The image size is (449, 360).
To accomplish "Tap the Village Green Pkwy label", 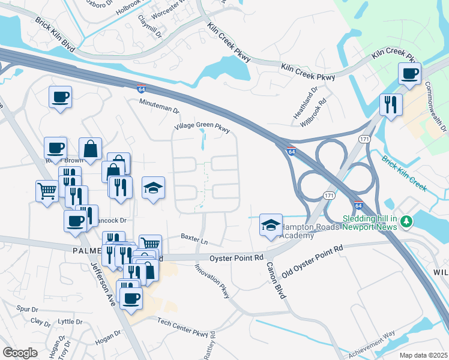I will (202, 128).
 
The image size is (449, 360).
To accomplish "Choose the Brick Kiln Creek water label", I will (403, 175).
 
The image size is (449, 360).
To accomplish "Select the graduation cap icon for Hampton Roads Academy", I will (270, 225).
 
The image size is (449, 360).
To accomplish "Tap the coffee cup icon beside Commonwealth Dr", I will (411, 74).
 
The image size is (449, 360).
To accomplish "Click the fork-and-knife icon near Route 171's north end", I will (391, 105).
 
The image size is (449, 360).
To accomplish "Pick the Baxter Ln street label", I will (195, 242).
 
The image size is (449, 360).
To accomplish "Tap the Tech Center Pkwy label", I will (186, 328).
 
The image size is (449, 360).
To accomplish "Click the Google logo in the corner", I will (20, 352).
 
